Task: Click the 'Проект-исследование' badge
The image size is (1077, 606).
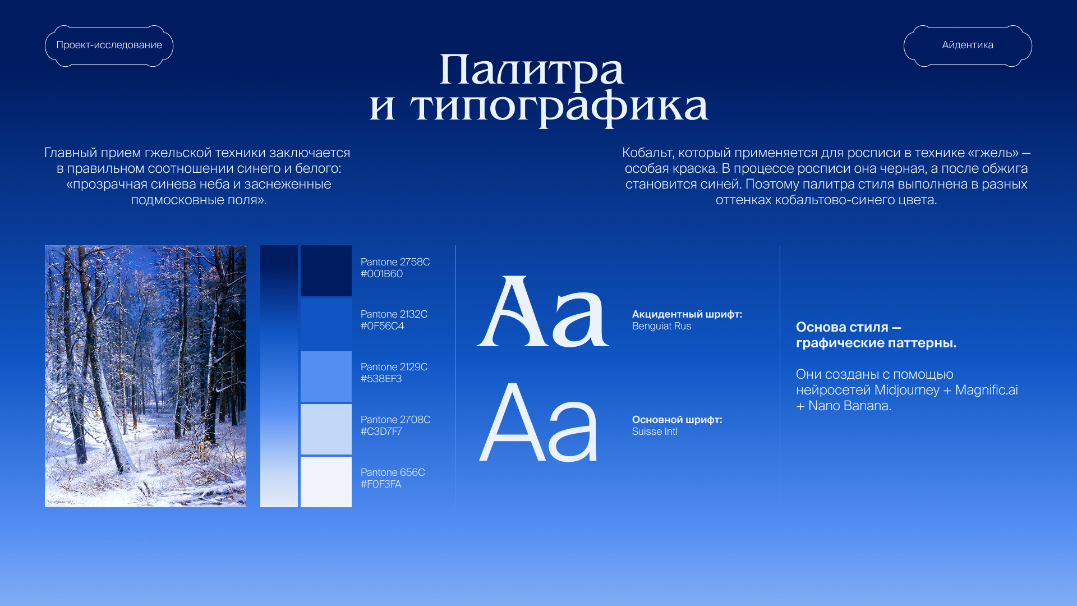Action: click(x=109, y=45)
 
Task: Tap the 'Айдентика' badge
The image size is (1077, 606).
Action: click(x=968, y=45)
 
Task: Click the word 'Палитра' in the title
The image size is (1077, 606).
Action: click(x=531, y=71)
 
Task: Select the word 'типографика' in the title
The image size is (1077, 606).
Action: click(x=559, y=107)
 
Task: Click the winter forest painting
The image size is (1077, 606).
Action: click(x=145, y=376)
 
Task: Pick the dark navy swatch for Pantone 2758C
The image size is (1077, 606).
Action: click(x=326, y=270)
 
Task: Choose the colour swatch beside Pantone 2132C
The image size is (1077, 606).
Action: click(x=326, y=324)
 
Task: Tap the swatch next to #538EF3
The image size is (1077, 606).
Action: click(x=326, y=377)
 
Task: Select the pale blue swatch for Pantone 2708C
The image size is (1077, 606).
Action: click(x=326, y=429)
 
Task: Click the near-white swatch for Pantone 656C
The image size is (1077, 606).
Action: click(x=326, y=482)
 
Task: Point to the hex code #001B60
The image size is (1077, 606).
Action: click(x=381, y=274)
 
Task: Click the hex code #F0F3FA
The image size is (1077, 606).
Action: click(x=381, y=484)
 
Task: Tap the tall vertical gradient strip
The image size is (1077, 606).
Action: click(x=279, y=376)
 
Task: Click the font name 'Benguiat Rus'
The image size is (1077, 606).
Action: click(x=661, y=326)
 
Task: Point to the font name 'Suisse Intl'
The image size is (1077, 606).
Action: click(x=655, y=431)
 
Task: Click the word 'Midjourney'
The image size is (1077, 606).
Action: click(x=906, y=390)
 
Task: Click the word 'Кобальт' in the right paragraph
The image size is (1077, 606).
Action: click(x=648, y=153)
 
